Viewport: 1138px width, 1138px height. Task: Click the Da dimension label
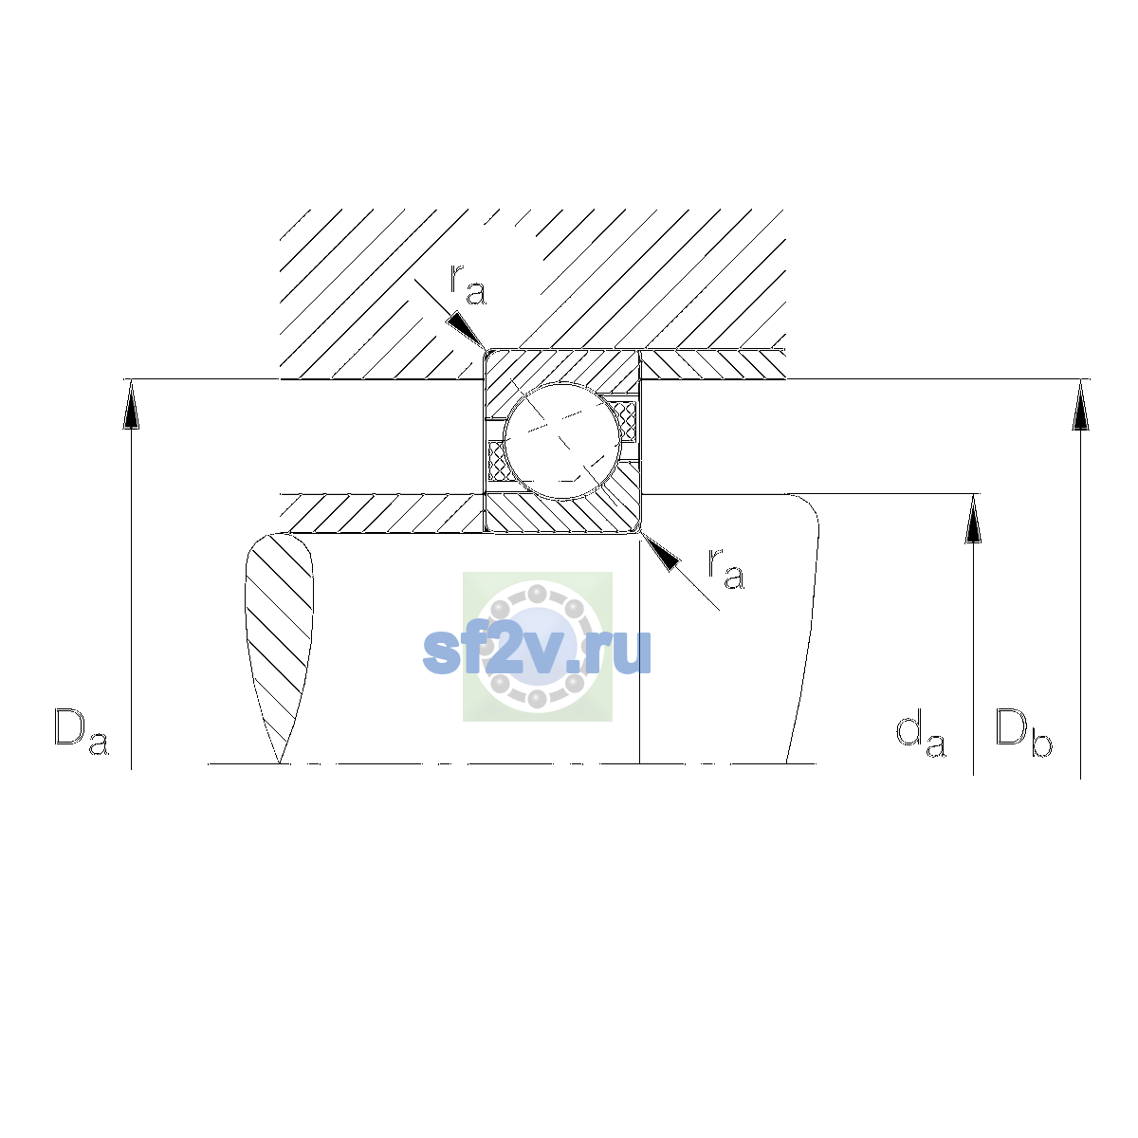coord(81,731)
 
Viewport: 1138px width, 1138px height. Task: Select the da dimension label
coord(920,734)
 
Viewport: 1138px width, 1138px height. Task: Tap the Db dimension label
coord(1023,732)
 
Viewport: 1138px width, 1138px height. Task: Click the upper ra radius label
coord(468,285)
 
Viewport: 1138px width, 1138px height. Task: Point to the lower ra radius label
coord(725,569)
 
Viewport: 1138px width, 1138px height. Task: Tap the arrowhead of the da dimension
coord(973,519)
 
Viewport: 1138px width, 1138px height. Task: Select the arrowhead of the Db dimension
coord(1081,405)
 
